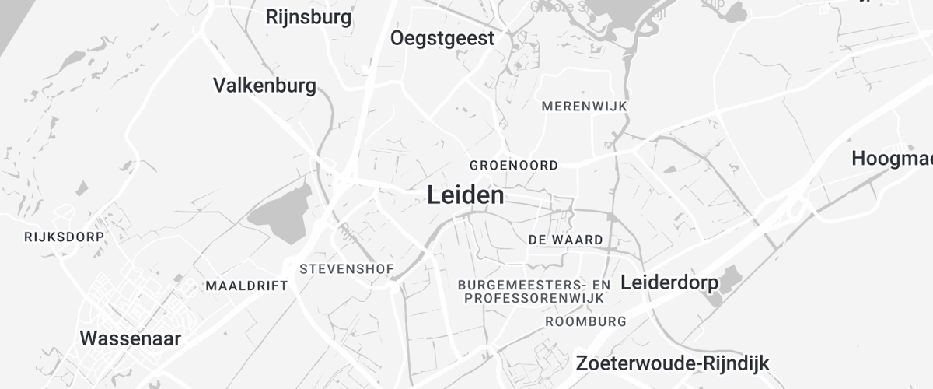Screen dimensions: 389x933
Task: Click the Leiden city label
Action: (465, 195)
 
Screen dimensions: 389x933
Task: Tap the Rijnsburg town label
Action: (308, 16)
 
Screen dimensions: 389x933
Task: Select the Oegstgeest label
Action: (442, 38)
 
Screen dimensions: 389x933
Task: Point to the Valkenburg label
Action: (264, 85)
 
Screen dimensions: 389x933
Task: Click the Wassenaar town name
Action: (131, 338)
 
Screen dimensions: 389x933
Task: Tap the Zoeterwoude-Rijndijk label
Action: (672, 363)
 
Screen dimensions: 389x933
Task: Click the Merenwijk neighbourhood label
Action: (584, 106)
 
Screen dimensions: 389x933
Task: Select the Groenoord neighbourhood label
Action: (514, 165)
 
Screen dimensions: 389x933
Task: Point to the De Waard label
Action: (565, 240)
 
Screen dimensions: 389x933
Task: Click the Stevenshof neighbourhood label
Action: (347, 269)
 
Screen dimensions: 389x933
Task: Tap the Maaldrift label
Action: (246, 286)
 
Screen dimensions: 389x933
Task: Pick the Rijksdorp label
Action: (64, 236)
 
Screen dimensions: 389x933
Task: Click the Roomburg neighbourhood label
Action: (585, 321)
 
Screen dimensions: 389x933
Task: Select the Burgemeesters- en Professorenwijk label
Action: (534, 291)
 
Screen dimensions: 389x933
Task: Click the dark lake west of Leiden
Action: (280, 206)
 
